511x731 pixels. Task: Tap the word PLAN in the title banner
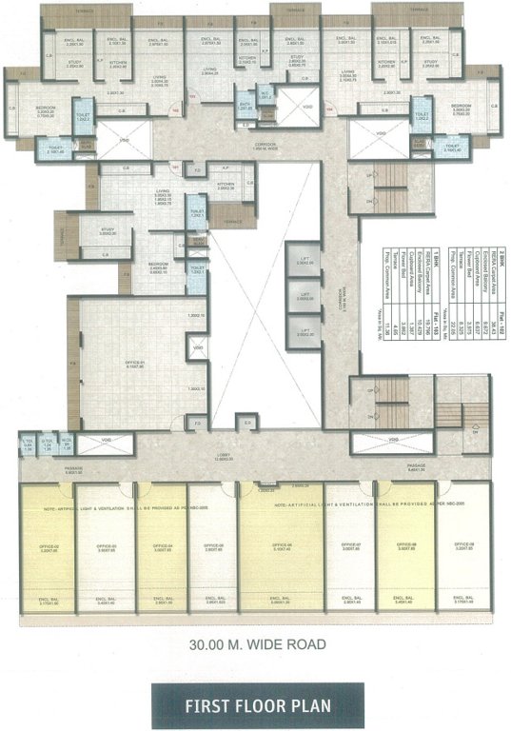310,705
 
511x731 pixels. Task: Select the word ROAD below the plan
305,644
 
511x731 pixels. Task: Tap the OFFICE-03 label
106,546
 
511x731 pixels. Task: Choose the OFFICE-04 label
162,546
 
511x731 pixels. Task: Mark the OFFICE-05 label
213,546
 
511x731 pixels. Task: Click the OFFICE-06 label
280,546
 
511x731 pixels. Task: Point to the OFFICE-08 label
405,546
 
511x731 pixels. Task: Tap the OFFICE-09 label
462,546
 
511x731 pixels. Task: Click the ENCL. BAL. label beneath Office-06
280,601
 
